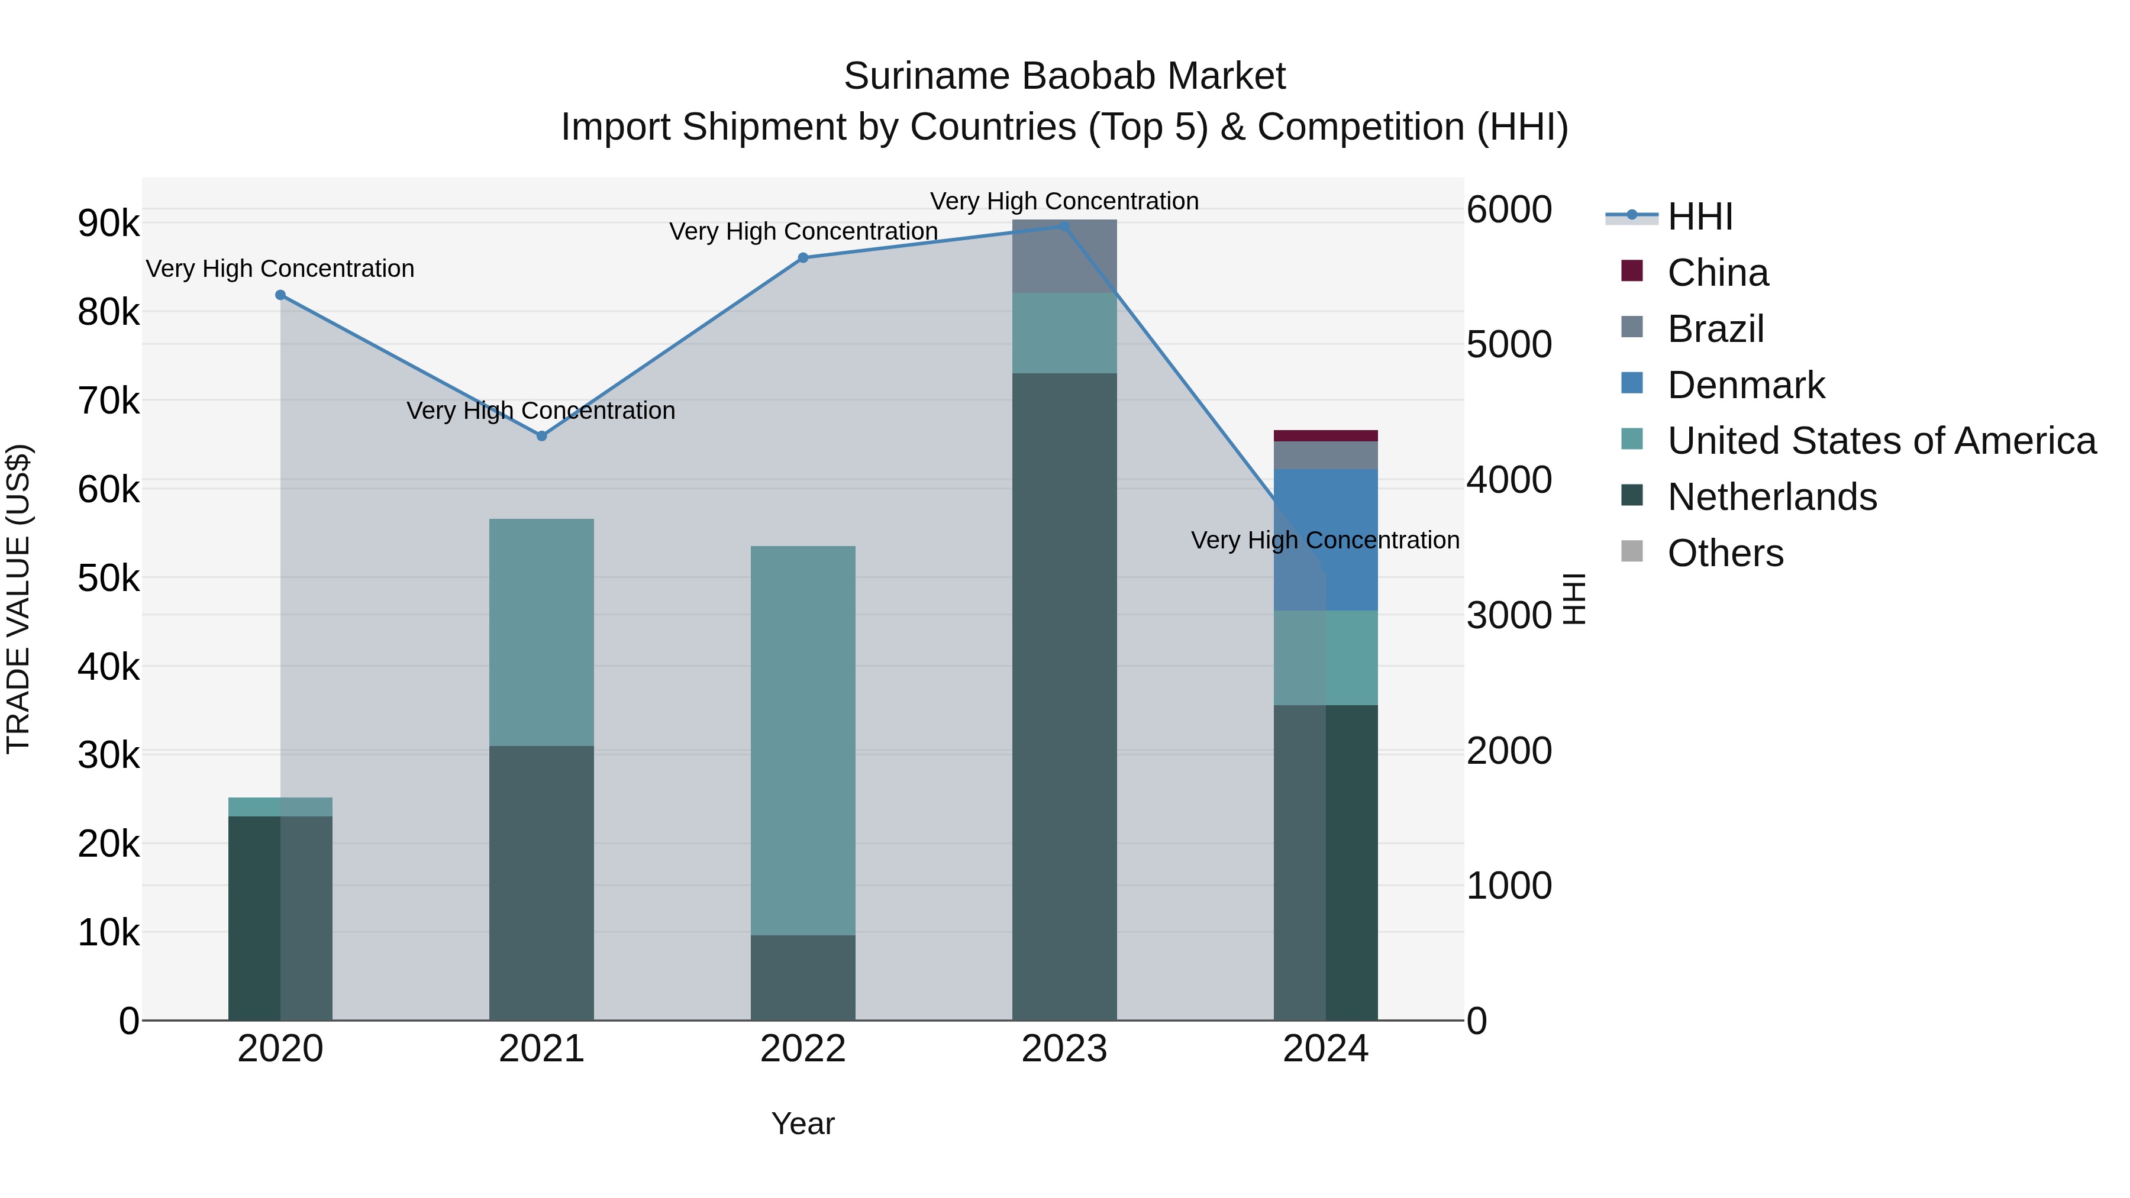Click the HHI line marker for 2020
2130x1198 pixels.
pyautogui.click(x=280, y=295)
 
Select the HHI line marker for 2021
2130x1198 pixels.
pyautogui.click(x=541, y=435)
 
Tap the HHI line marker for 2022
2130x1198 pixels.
pyautogui.click(x=803, y=258)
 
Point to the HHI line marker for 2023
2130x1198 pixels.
pyautogui.click(x=1064, y=227)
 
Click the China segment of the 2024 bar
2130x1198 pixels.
pyautogui.click(x=1325, y=435)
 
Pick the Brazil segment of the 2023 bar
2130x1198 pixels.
pyautogui.click(x=1064, y=256)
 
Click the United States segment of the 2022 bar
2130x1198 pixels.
pyautogui.click(x=803, y=740)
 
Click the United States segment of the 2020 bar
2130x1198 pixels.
pyautogui.click(x=280, y=807)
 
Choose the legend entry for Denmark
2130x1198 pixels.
pyautogui.click(x=1745, y=385)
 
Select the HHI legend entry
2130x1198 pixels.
pyautogui.click(x=1699, y=217)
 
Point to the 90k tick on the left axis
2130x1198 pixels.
pyautogui.click(x=109, y=223)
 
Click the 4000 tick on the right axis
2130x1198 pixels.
pyautogui.click(x=1509, y=480)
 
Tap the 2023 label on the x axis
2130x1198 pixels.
pyautogui.click(x=1064, y=1049)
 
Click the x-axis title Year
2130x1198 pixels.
pyautogui.click(x=803, y=1123)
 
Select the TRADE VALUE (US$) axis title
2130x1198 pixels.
pyautogui.click(x=19, y=599)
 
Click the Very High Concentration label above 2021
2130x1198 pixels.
pyautogui.click(x=541, y=411)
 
